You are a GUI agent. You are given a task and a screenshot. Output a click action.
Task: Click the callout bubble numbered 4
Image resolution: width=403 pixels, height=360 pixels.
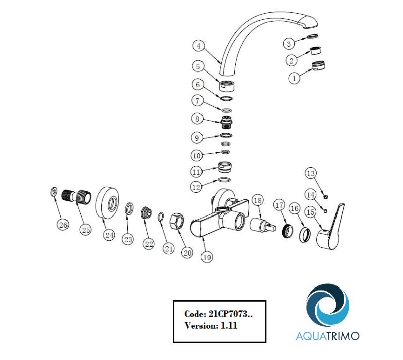click(x=198, y=46)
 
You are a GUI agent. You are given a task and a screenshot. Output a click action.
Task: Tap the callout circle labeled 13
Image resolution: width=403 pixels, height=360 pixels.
click(x=311, y=173)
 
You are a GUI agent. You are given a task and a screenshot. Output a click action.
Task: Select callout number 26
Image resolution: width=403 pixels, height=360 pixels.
click(x=63, y=225)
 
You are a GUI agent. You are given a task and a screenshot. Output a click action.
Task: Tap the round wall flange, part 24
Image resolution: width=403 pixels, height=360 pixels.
click(x=107, y=203)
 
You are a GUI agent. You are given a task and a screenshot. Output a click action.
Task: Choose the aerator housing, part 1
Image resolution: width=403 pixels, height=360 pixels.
click(x=318, y=66)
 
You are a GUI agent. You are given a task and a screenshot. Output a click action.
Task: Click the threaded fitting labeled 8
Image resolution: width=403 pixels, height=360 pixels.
click(x=227, y=122)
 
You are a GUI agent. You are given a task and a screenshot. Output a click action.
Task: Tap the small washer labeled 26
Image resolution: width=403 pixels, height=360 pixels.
click(x=53, y=192)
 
